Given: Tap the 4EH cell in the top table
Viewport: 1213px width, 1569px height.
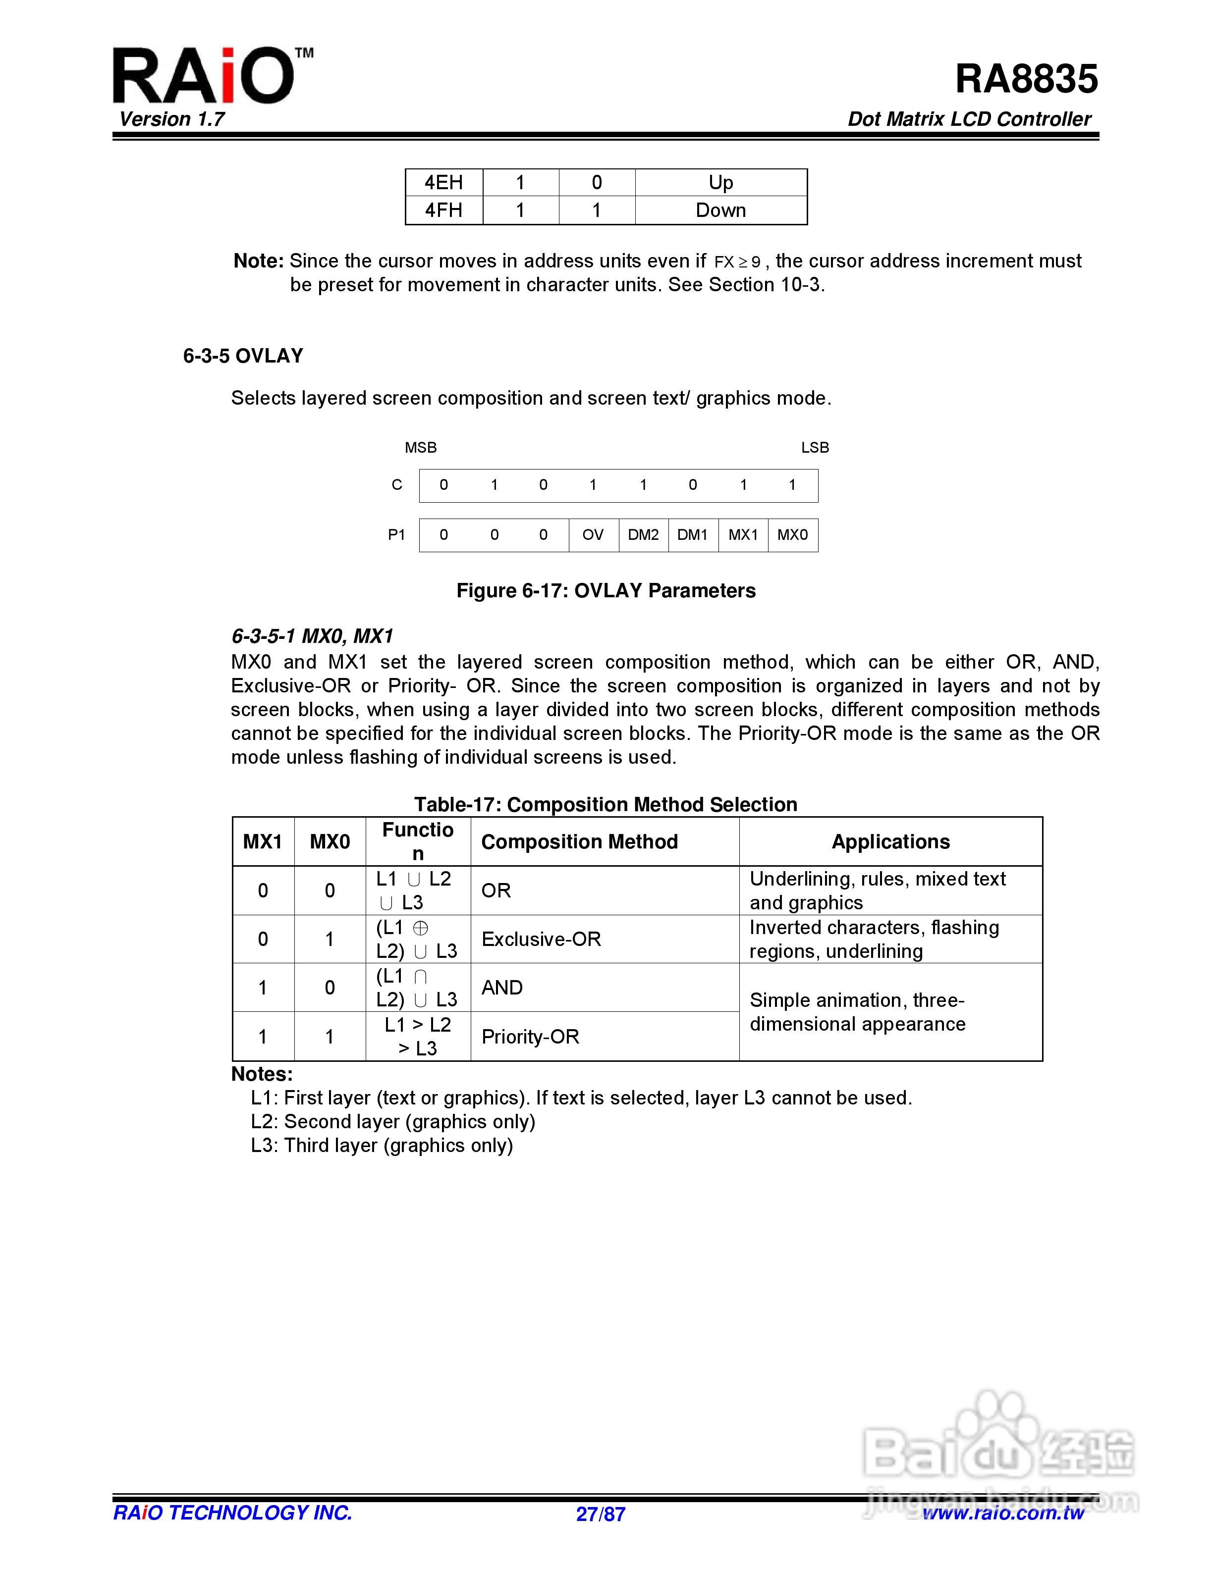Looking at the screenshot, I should click(x=443, y=182).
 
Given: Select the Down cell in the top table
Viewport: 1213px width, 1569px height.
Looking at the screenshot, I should click(x=721, y=210).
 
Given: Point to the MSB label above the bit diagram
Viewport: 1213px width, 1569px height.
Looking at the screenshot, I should click(x=420, y=448).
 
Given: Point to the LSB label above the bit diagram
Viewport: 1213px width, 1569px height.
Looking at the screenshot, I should click(x=815, y=448).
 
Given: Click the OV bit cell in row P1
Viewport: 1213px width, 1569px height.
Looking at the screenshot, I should click(x=593, y=534).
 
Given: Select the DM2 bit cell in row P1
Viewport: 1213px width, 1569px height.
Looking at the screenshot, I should click(x=643, y=534).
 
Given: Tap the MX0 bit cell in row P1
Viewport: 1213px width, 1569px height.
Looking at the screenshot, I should click(x=793, y=534).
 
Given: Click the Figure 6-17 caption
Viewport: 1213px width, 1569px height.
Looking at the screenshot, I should click(x=606, y=590).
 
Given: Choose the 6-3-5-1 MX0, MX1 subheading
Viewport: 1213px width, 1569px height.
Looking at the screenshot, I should click(x=312, y=636).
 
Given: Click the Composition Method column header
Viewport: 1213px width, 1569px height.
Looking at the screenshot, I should click(x=579, y=841).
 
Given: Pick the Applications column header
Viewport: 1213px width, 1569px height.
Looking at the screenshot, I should click(x=890, y=841).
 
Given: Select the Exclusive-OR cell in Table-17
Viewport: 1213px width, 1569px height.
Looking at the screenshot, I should click(x=541, y=939).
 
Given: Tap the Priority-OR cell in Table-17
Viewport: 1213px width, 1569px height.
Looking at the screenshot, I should click(x=530, y=1037).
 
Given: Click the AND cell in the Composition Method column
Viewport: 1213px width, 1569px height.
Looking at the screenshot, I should click(x=501, y=988).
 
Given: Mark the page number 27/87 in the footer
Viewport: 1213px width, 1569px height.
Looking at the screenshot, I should click(x=601, y=1515).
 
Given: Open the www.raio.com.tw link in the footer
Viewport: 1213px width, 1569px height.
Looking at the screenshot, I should click(x=1003, y=1513).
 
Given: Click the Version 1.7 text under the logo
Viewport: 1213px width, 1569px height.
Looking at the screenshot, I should click(x=172, y=119).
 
